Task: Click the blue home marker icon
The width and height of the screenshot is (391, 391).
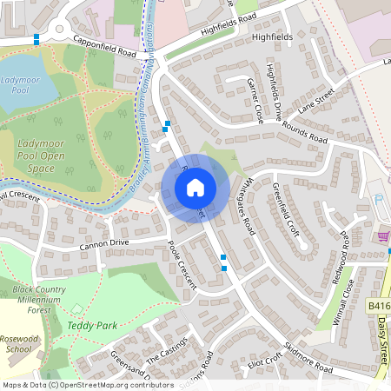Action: click(x=195, y=187)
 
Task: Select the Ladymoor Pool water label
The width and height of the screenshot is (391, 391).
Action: click(x=20, y=85)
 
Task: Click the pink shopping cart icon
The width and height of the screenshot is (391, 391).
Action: click(x=382, y=235)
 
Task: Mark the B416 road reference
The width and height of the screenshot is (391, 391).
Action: click(x=378, y=306)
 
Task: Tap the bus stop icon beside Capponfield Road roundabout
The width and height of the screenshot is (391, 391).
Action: click(x=36, y=39)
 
